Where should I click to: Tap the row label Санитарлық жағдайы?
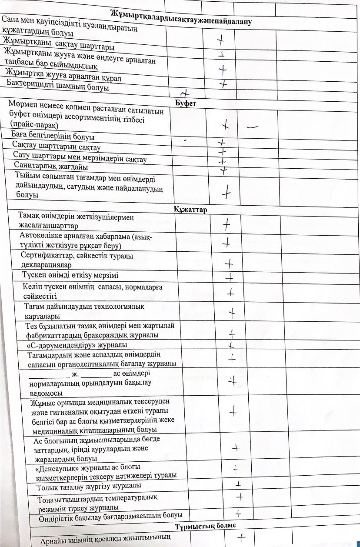click(51, 166)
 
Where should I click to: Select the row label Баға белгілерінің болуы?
click(53, 137)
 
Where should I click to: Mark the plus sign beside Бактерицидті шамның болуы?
click(186, 93)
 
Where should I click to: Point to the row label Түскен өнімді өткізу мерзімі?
click(70, 275)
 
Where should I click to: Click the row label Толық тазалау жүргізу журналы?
click(89, 485)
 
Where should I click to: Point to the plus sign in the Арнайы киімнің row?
click(238, 537)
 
